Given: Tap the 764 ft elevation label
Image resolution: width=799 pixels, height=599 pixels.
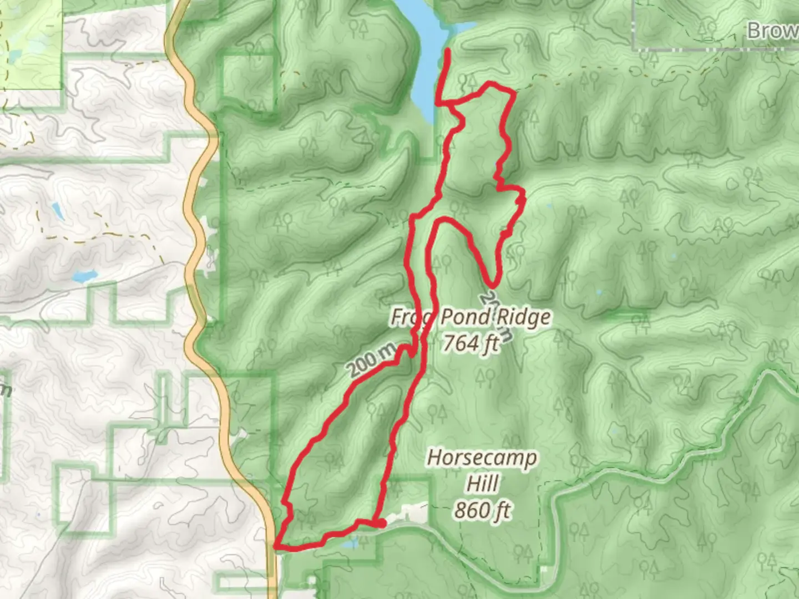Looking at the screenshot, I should pos(471,343).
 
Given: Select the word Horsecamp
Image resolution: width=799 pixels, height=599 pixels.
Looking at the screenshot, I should pos(482,458).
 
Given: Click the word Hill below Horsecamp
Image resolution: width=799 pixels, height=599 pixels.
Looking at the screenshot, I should pos(482,484).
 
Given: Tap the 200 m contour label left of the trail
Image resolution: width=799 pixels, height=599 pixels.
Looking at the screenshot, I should pos(371,361).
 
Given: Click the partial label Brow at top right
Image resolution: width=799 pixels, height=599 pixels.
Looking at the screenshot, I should pos(772,31).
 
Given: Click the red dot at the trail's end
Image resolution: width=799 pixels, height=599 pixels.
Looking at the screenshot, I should pos(382,523).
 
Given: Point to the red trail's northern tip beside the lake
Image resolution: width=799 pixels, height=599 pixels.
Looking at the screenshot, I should pos(447,51).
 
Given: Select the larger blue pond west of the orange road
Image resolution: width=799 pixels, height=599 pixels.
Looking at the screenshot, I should pos(84,276).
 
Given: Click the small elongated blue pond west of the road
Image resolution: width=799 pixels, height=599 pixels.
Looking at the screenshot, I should pos(57,210).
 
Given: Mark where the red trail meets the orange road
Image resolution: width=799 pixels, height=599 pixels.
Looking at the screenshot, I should pos(276,546).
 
